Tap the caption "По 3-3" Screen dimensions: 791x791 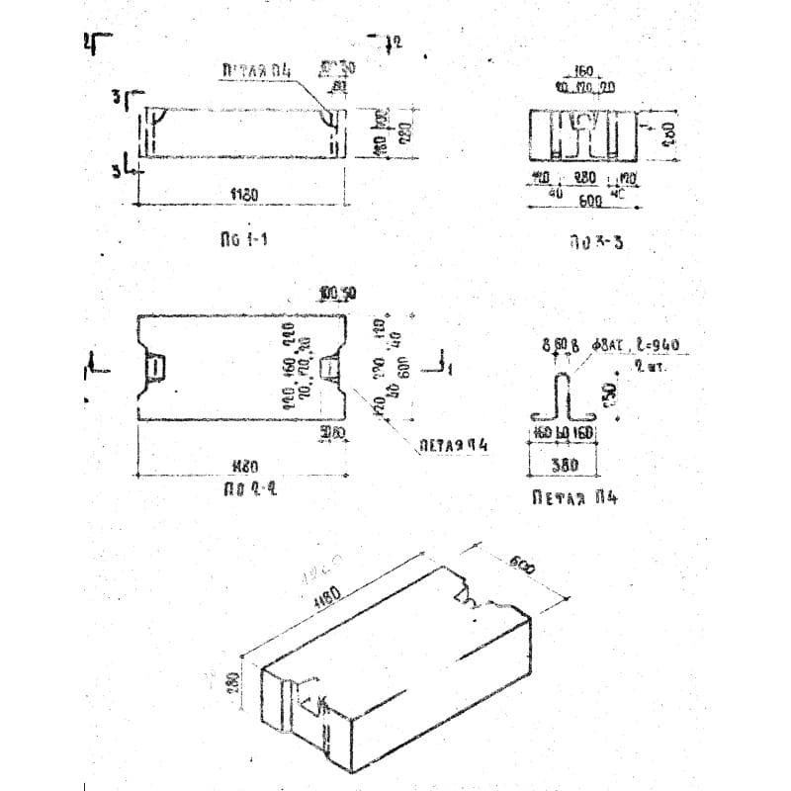click(x=596, y=241)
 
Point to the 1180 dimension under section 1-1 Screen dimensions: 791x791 click(x=244, y=195)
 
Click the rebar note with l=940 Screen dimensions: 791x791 click(x=640, y=346)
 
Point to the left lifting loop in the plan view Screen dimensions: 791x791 click(x=156, y=368)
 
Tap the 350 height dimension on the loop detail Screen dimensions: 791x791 click(x=615, y=394)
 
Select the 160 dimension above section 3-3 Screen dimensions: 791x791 click(x=583, y=72)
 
